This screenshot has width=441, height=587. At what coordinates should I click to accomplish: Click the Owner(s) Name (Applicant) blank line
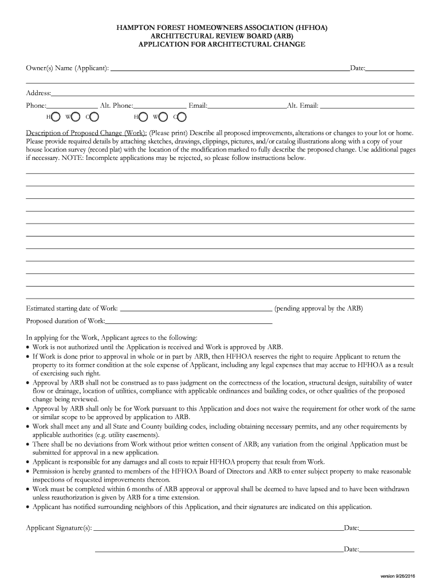pyautogui.click(x=229, y=69)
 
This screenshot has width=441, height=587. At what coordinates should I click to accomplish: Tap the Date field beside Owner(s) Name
pyautogui.click(x=389, y=69)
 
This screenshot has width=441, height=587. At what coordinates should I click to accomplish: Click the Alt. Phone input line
pyautogui.click(x=160, y=107)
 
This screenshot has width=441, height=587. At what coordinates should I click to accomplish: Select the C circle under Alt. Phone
pyautogui.click(x=182, y=117)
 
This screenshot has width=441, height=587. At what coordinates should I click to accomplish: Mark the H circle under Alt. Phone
pyautogui.click(x=144, y=117)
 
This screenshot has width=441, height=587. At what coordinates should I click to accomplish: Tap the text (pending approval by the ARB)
pyautogui.click(x=318, y=308)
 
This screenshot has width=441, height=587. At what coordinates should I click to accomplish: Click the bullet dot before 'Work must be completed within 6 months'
pyautogui.click(x=29, y=490)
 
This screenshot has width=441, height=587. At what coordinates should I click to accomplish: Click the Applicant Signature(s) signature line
pyautogui.click(x=218, y=529)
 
